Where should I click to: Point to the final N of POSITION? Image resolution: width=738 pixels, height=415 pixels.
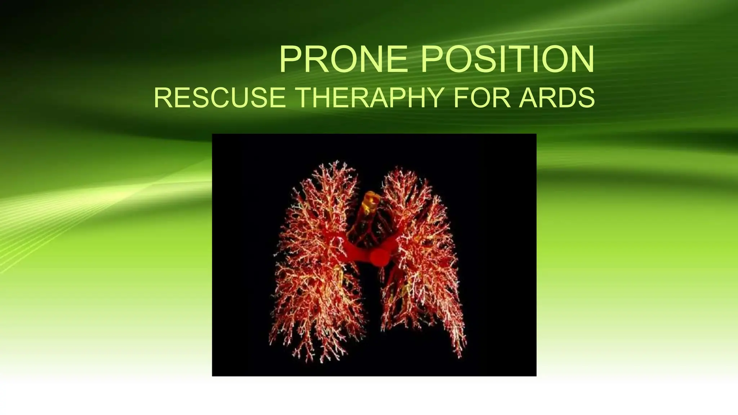[581, 59]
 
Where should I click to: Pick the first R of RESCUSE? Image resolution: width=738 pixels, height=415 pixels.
[161, 98]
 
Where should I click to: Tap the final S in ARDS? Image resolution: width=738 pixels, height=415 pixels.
[587, 98]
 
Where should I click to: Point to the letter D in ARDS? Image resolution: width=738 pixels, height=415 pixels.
[567, 98]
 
